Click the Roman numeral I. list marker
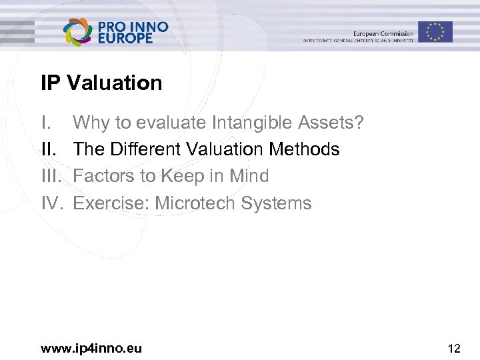[45, 123]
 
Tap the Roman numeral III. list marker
[51, 176]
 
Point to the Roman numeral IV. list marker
[52, 203]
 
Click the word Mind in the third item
[249, 176]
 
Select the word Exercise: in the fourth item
[111, 203]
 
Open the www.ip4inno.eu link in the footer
[91, 347]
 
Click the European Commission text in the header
[383, 33]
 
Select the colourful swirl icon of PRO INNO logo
[78, 31]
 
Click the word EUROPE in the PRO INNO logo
[125, 39]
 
